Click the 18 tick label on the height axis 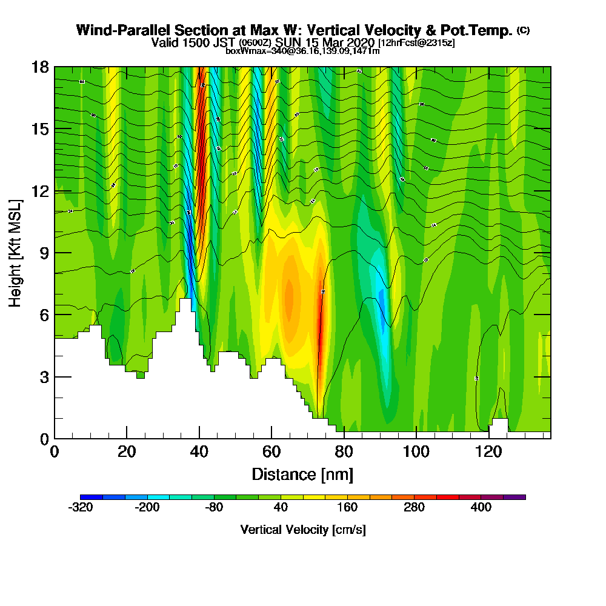(40, 67)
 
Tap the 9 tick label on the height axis (44, 253)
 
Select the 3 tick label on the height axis (44, 377)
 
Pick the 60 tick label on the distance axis (271, 451)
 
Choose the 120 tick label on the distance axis (489, 451)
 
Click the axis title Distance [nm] (302, 474)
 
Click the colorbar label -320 (81, 508)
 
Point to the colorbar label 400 (481, 508)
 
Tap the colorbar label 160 (348, 508)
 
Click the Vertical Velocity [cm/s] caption (302, 530)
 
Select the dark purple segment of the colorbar (514, 497)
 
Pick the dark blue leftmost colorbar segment (92, 497)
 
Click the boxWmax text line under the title (302, 51)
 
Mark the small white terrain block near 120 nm (500, 425)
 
